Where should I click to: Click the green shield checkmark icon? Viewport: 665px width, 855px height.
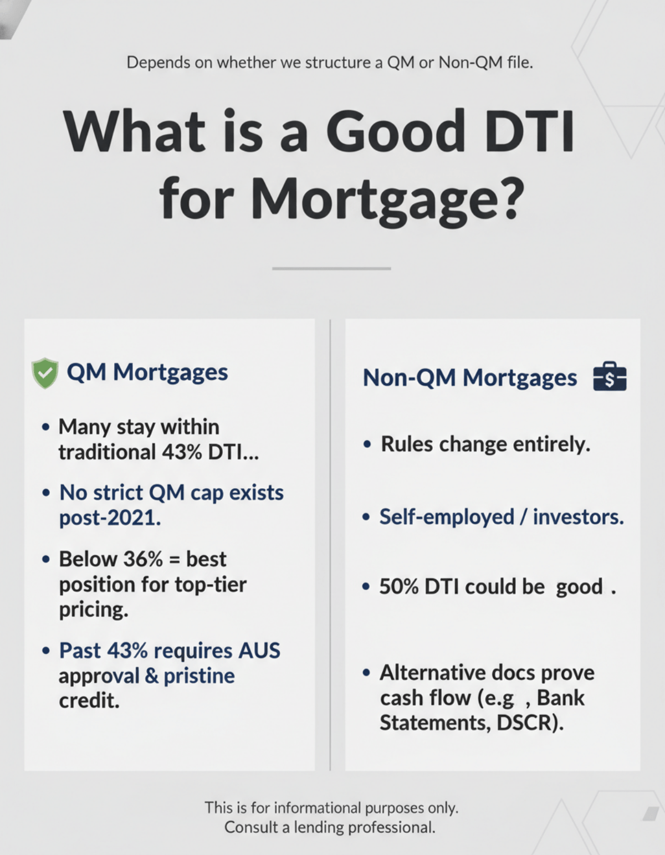(x=45, y=373)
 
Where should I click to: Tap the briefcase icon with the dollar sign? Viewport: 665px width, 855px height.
(x=610, y=378)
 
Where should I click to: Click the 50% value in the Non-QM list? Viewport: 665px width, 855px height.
(x=398, y=587)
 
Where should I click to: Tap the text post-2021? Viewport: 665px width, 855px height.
(x=110, y=518)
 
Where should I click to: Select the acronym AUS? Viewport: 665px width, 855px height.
(x=259, y=651)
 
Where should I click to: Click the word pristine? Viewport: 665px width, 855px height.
(x=199, y=676)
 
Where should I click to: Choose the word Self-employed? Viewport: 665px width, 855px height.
(x=447, y=517)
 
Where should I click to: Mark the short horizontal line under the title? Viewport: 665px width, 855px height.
(x=331, y=269)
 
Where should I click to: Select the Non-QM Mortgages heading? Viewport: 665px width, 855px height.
(x=469, y=378)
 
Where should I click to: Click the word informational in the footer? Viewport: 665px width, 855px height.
(x=317, y=807)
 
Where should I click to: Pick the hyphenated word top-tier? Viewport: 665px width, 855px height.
(x=211, y=585)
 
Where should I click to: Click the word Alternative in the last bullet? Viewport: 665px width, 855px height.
(x=424, y=673)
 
